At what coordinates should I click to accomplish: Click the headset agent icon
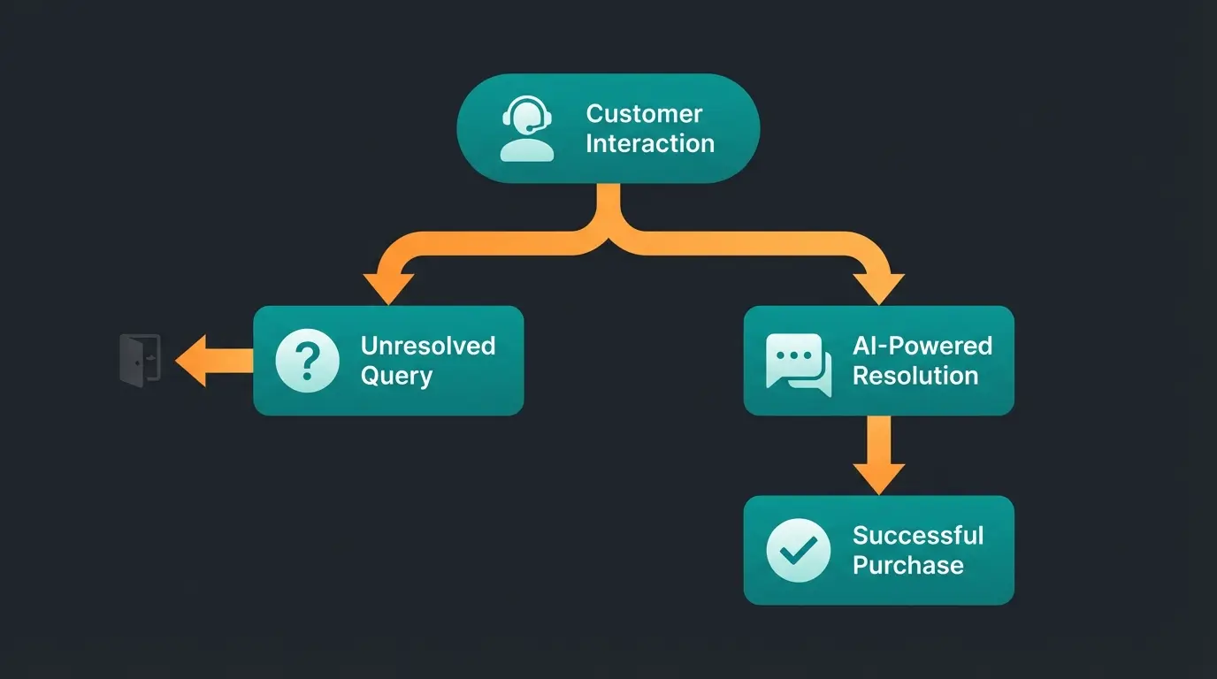527,129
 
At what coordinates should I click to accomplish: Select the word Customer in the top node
644,114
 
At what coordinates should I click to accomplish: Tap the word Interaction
650,143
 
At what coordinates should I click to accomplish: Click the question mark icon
307,361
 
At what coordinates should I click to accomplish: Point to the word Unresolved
427,346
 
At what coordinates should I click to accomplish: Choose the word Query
396,376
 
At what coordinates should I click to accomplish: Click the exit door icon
140,360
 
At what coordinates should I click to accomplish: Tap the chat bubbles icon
799,363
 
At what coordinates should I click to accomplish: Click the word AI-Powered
922,346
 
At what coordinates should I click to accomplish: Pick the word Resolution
915,376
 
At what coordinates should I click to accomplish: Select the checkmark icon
799,551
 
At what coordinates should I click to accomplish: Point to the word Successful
918,536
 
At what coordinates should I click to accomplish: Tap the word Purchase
907,566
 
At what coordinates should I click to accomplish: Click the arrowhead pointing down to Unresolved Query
389,287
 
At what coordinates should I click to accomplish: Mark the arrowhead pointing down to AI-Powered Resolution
878,287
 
